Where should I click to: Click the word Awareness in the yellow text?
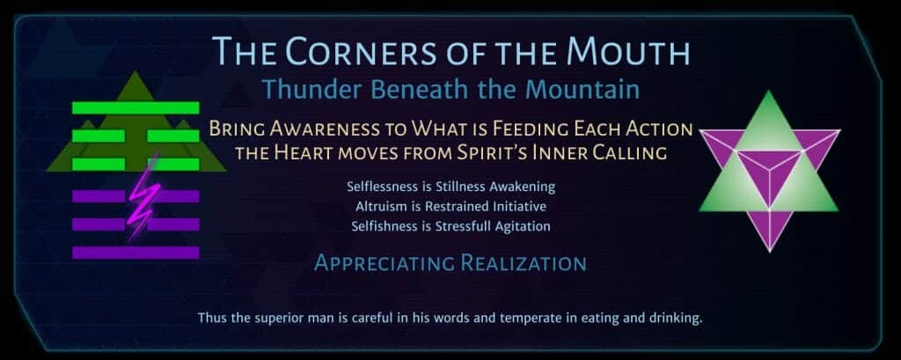point(319,129)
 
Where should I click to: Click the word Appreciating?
point(385,263)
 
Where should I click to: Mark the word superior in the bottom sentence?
point(267,318)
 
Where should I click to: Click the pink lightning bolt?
point(140,196)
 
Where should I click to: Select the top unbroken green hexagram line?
point(136,107)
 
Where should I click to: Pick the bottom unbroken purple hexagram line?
point(136,253)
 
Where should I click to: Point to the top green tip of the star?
point(769,92)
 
